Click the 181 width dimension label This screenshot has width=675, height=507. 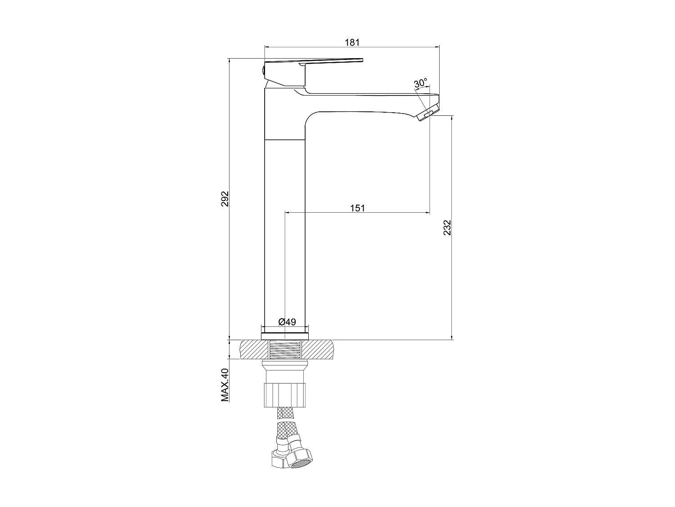click(352, 42)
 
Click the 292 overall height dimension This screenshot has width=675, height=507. click(225, 199)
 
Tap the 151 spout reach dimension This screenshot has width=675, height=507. click(357, 208)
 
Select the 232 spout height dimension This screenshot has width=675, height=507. click(447, 228)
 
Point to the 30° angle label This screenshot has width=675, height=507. click(420, 83)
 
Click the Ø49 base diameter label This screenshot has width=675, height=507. click(287, 322)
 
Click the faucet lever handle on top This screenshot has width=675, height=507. click(315, 62)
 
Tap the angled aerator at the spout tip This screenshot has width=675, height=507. click(427, 113)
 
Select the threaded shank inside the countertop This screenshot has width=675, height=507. click(285, 350)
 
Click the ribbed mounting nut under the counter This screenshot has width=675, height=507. click(285, 395)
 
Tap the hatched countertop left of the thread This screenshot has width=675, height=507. click(254, 350)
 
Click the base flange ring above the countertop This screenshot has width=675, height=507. click(285, 335)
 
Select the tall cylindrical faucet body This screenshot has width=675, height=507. click(285, 234)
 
